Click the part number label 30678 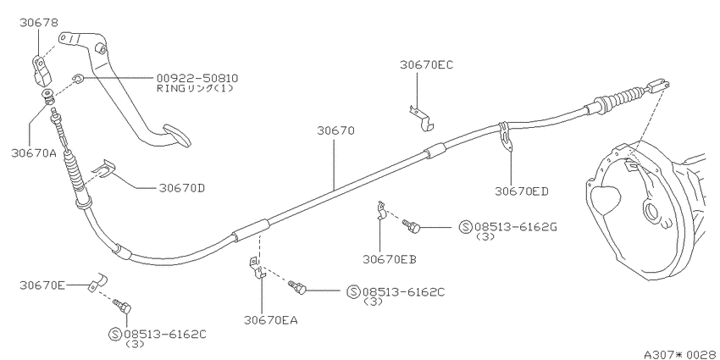coord(39,23)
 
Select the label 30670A coord(34,153)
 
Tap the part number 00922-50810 coord(197,79)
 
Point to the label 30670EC coord(426,64)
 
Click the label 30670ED coord(522,191)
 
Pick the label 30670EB coord(390,259)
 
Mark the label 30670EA coord(270,320)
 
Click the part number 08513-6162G coord(516,226)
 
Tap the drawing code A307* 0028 coord(680,354)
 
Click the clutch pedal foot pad coord(178,135)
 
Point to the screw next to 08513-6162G coord(411,225)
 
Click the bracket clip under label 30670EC coord(423,118)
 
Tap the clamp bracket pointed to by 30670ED coord(506,136)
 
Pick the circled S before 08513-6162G coord(465,226)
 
